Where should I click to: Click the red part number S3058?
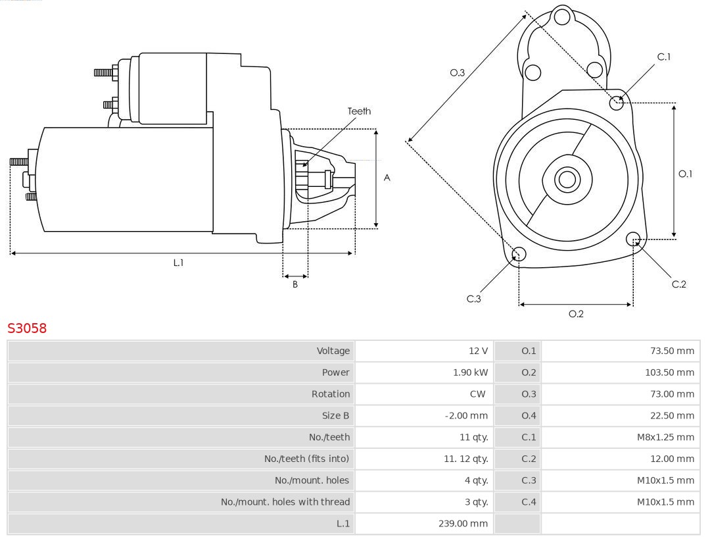tap(27, 328)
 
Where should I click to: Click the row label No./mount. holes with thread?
tap(285, 502)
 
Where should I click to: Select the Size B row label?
tap(335, 415)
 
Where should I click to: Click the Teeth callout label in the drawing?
tap(359, 111)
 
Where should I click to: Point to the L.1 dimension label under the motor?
tap(178, 263)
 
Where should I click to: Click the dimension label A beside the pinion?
tap(387, 178)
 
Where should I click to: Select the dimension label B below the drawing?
tap(295, 285)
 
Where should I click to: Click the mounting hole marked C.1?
tap(617, 103)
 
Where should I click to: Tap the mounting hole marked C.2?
tap(633, 238)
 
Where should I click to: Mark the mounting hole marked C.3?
tap(519, 255)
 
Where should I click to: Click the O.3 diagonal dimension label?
tap(457, 73)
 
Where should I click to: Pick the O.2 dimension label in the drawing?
tap(576, 314)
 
